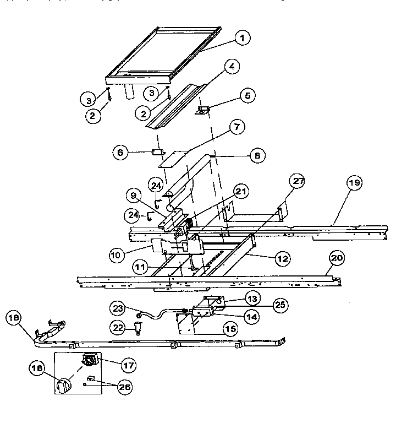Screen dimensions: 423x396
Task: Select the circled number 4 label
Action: point(232,67)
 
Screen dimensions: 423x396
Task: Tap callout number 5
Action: point(247,95)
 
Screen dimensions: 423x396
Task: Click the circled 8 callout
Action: point(256,156)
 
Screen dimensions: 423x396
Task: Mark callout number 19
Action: point(355,183)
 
